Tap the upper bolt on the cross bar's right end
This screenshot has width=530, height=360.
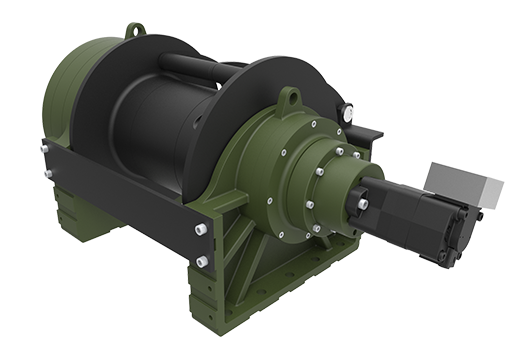point(201,230)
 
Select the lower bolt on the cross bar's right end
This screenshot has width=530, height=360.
point(202,261)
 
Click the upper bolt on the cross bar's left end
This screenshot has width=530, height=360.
point(44,150)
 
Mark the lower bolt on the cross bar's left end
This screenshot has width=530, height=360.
point(46,175)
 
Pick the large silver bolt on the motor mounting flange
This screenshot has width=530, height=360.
point(361,204)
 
